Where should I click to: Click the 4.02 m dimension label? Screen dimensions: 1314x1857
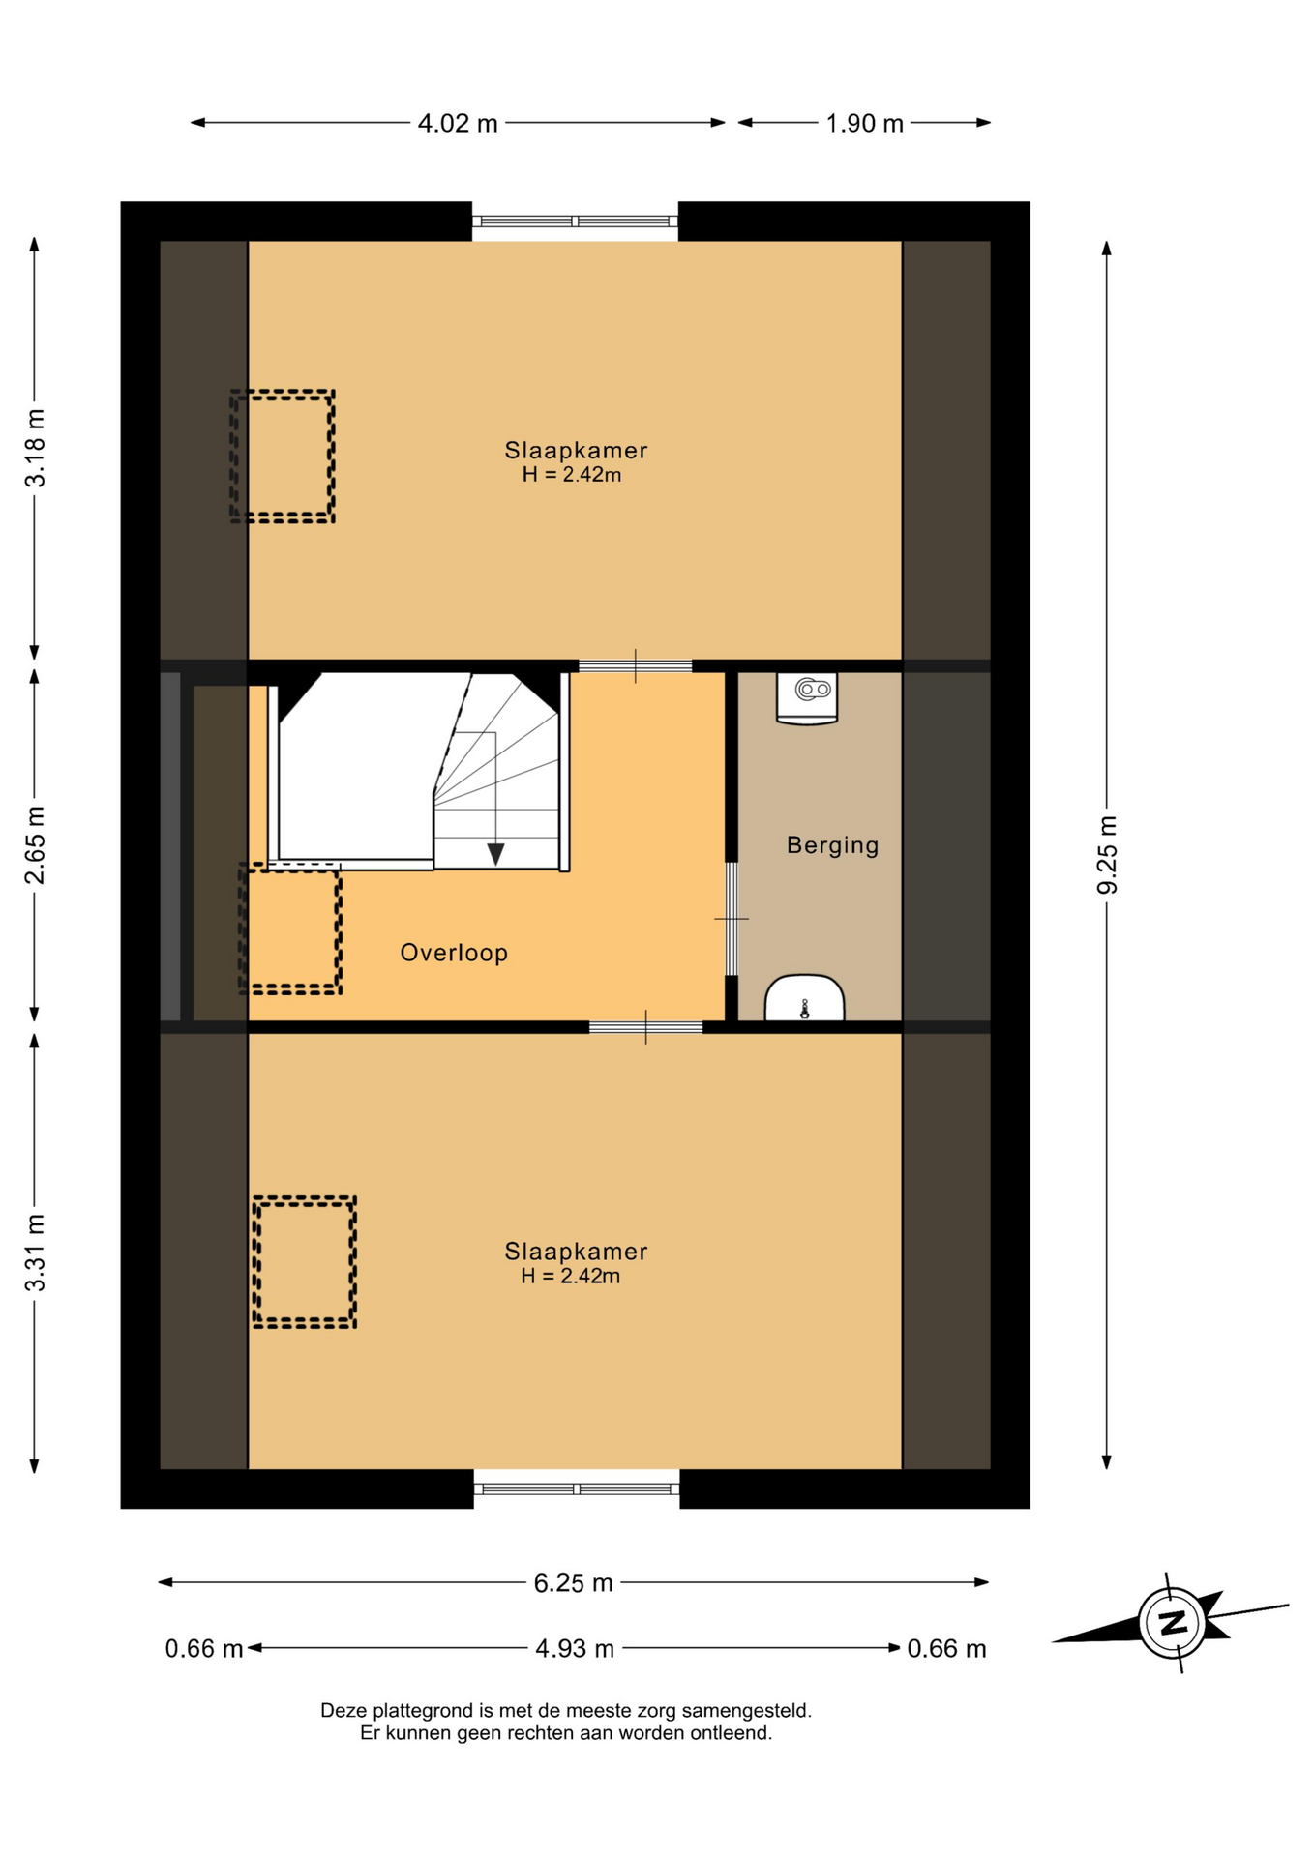pos(458,124)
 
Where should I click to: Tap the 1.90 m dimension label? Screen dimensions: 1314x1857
pos(864,124)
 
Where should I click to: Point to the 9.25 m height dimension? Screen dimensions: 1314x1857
pos(1107,855)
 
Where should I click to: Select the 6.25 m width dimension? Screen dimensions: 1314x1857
pos(574,1582)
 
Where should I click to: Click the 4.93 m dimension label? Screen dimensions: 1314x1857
pos(575,1648)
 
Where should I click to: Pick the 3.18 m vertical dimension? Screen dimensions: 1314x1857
pos(35,448)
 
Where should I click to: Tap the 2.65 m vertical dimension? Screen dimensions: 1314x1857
pos(35,844)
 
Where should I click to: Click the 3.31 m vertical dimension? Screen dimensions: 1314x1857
pos(35,1253)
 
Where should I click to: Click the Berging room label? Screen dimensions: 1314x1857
pos(832,845)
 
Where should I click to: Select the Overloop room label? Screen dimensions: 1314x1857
pos(454,953)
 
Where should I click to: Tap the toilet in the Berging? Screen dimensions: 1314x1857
pos(807,697)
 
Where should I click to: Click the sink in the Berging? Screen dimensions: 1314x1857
pos(804,998)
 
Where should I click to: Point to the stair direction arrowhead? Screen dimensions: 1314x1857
pos(495,854)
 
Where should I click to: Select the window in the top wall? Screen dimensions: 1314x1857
pos(575,221)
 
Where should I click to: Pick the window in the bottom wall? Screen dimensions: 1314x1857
pos(577,1489)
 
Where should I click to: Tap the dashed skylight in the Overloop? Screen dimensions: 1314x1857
pos(290,928)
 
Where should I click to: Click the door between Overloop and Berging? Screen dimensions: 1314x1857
pos(732,919)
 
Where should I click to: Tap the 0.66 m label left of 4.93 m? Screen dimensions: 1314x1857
pos(204,1648)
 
